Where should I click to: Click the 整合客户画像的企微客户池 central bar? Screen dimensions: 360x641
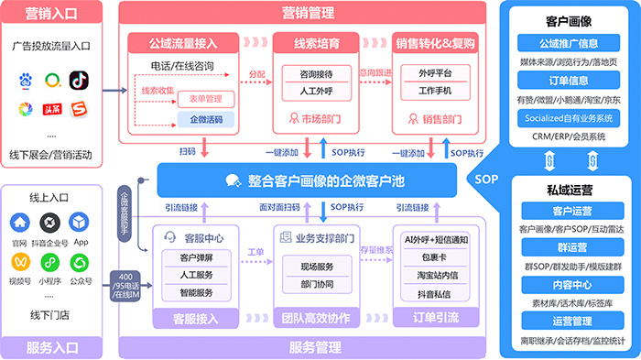coord(314,180)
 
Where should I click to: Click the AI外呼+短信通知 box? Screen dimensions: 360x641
coord(436,239)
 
